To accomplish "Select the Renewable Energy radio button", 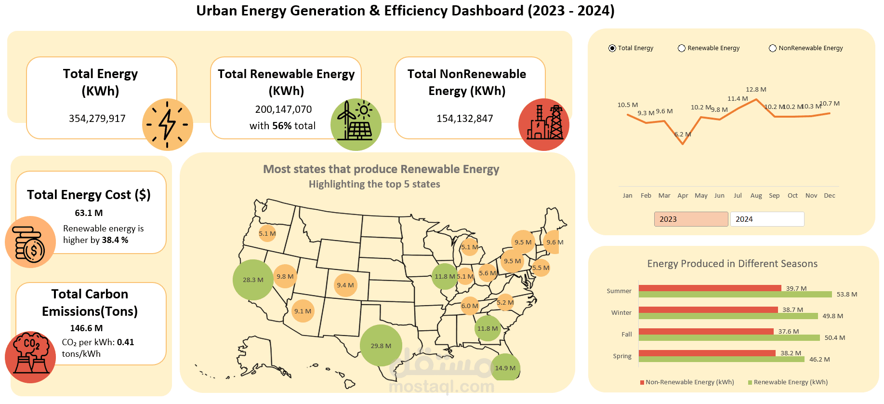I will point(682,48).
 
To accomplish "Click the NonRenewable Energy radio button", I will point(773,48).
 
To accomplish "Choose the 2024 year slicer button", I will point(767,219).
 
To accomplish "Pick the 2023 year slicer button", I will point(691,219).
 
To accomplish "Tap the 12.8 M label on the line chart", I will point(756,90).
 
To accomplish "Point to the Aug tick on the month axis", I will point(756,196).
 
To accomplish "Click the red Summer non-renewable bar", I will point(710,288).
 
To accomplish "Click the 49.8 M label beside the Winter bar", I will point(832,316).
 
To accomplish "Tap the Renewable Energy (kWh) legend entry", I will point(790,382).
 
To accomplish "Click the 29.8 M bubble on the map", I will point(381,346).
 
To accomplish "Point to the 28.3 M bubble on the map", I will point(253,280).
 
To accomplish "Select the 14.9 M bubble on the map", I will point(505,368).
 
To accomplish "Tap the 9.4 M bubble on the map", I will point(345,285).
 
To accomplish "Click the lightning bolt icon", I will point(168,124).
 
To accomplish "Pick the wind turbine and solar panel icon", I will point(356,124).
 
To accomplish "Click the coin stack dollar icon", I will point(30,242).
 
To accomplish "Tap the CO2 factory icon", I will point(30,357).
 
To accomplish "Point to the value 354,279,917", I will point(97,119).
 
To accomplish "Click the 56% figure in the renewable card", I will point(282,126).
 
